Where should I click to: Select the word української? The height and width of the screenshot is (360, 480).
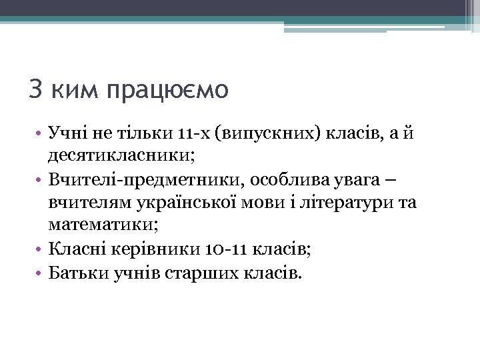[x=194, y=202]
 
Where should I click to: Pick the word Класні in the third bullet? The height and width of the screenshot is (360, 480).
[x=71, y=249]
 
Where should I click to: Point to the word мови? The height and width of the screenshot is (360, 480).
[x=269, y=202]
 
